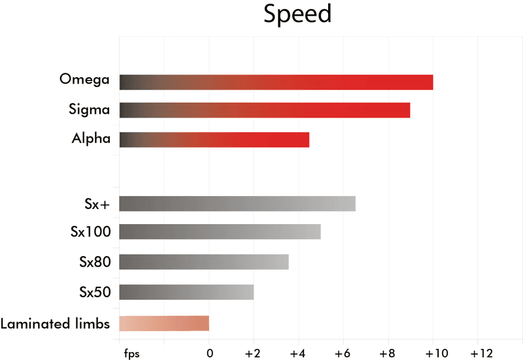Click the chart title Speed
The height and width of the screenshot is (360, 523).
pos(297,14)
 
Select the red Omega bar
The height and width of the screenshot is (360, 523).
pos(276,82)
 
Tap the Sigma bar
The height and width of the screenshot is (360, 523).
pos(265,110)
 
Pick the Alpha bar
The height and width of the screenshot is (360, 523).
pos(214,140)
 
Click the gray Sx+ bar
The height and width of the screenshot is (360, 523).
pos(237,204)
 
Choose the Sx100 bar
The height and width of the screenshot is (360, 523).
pos(220,232)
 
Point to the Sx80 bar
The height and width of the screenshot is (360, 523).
pos(204,262)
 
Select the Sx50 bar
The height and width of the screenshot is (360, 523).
pos(186,292)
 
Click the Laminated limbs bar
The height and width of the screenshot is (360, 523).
pos(164,323)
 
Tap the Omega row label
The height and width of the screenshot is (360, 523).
pos(84,80)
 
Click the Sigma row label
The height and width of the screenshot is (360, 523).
pos(89,108)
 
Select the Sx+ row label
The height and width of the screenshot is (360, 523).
pos(97,204)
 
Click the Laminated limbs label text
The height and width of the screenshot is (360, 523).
pos(55,323)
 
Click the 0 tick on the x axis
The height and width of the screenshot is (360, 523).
pos(209,353)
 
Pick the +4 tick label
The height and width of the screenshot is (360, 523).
pos(298,353)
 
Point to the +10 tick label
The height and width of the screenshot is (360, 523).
pos(433,353)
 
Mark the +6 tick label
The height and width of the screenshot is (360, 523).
pos(343,353)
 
